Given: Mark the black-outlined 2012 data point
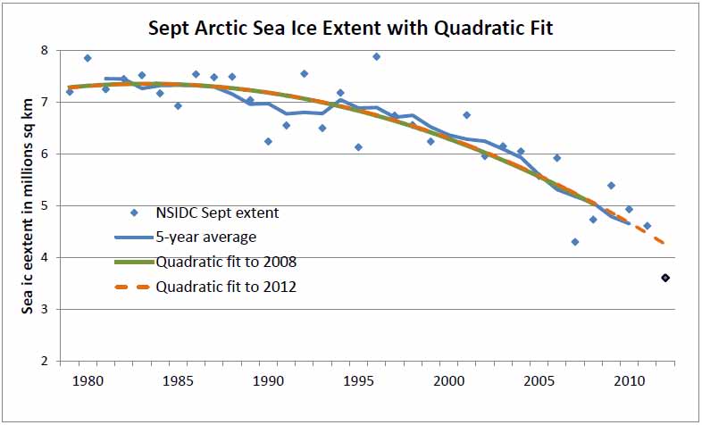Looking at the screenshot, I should click(x=665, y=279).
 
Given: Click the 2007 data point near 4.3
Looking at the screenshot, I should click(x=575, y=242).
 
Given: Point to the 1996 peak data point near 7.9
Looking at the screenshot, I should click(x=376, y=56).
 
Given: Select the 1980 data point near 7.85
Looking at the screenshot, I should click(x=88, y=58).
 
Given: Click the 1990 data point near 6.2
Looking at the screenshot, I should click(x=268, y=141).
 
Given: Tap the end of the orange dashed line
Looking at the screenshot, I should click(x=664, y=243).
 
